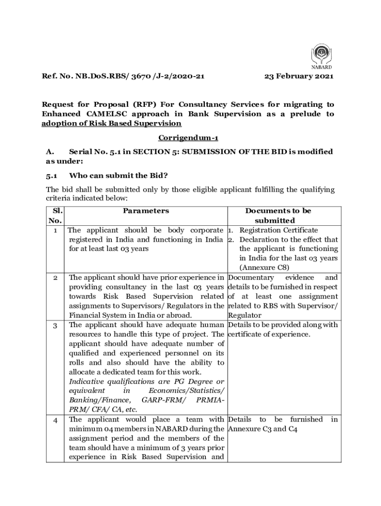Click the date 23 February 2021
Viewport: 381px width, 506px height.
pyautogui.click(x=299, y=77)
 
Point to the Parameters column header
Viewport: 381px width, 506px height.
pyautogui.click(x=146, y=211)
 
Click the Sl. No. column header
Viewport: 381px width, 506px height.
pyautogui.click(x=55, y=215)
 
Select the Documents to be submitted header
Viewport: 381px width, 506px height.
pyautogui.click(x=282, y=215)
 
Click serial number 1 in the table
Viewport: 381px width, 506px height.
pyautogui.click(x=55, y=230)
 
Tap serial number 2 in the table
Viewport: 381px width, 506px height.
pyautogui.click(x=55, y=278)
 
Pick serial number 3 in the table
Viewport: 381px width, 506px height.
pyautogui.click(x=55, y=325)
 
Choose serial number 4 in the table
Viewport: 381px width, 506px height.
pyautogui.click(x=55, y=420)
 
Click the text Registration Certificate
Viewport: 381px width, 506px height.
pyautogui.click(x=279, y=230)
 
